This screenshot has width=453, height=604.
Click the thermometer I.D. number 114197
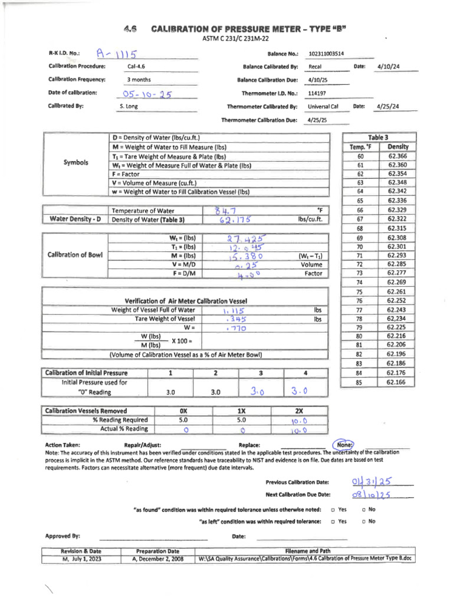pyautogui.click(x=317, y=93)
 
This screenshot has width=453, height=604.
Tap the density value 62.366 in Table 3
pyautogui.click(x=398, y=156)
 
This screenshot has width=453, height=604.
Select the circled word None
pyautogui.click(x=343, y=445)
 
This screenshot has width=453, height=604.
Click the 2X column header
pyautogui.click(x=299, y=411)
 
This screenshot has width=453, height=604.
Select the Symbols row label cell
pyautogui.click(x=76, y=162)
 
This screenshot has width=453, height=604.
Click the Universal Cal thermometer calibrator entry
pyautogui.click(x=323, y=107)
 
